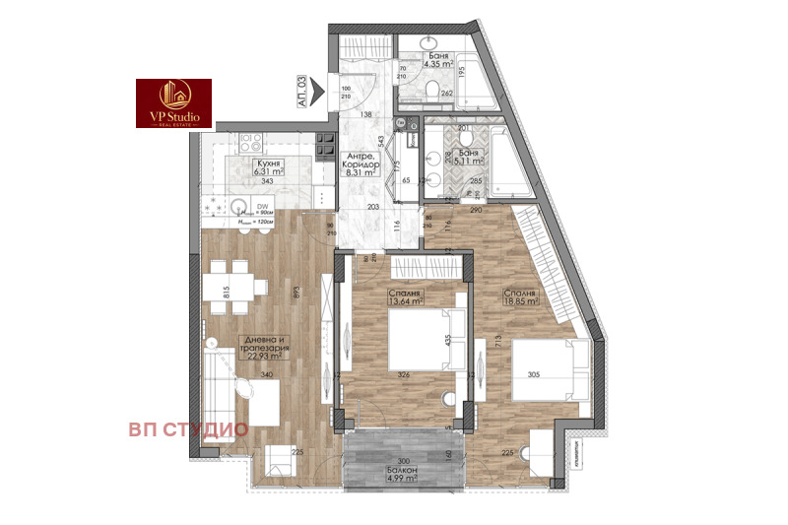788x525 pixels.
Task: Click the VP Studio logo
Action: [173, 102]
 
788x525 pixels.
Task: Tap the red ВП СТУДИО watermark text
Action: [187, 429]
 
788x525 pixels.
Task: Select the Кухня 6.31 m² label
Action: [264, 167]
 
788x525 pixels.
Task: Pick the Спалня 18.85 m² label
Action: [520, 298]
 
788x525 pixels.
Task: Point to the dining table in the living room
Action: [235, 286]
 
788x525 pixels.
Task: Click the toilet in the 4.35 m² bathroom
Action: [433, 92]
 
